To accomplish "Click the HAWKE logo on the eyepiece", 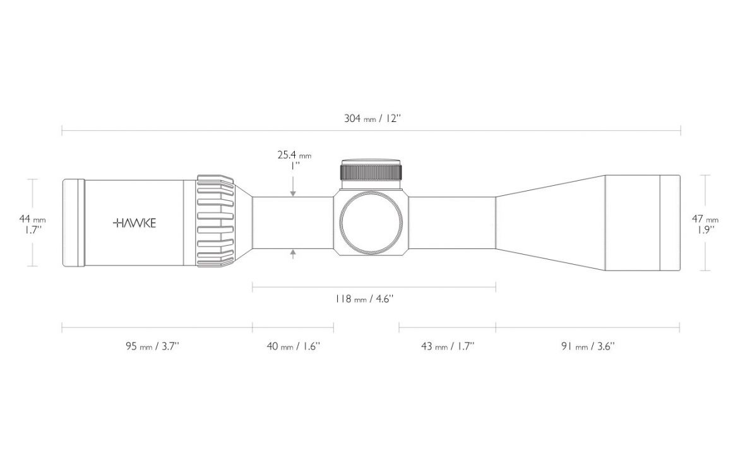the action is pos(134,223).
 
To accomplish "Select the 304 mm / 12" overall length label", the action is pos(373,118).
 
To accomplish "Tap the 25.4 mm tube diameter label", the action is pos(295,160).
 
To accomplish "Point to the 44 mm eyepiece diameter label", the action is pos(32,224).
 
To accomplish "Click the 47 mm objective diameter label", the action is pos(705,224).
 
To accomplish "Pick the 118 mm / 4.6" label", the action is pos(364,299).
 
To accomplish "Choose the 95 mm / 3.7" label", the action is pos(153,346).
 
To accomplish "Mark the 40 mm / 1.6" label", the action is pos(294,346).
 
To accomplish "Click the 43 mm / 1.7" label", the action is pos(448,346).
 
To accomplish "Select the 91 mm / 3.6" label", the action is pos(588,346).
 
